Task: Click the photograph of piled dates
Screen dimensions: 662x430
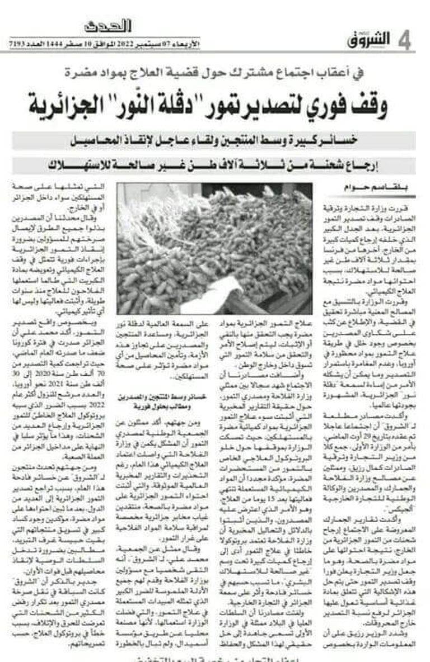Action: [214, 248]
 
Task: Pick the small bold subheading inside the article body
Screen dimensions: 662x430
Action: [163, 401]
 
